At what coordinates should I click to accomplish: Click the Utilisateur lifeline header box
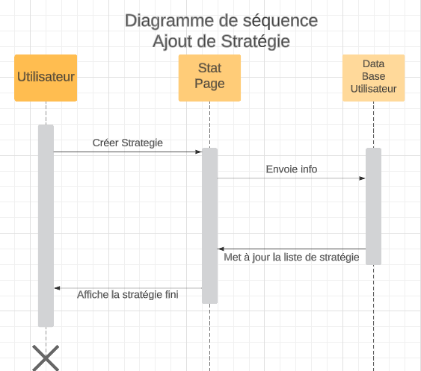(46, 78)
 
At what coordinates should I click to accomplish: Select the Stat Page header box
(209, 78)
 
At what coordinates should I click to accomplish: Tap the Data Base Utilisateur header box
(373, 78)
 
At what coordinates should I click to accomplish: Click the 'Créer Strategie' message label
(128, 143)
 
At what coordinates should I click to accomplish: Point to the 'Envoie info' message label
(292, 169)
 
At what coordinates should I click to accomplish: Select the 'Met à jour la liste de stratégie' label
(292, 258)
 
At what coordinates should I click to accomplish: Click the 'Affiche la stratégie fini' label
(128, 295)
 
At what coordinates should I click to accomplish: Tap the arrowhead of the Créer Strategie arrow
(199, 152)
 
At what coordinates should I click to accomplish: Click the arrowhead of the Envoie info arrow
(362, 178)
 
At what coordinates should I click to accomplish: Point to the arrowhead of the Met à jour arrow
(221, 249)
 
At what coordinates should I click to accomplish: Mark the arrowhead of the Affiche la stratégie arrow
(57, 288)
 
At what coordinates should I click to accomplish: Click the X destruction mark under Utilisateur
(46, 358)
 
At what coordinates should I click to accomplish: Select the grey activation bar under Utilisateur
(46, 225)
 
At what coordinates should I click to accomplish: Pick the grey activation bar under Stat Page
(209, 225)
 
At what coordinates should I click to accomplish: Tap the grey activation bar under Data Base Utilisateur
(373, 207)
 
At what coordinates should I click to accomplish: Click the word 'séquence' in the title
(280, 21)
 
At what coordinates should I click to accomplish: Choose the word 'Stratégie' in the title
(255, 42)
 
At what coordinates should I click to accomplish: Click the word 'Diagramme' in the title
(170, 21)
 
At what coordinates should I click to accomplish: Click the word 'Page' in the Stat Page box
(209, 84)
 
